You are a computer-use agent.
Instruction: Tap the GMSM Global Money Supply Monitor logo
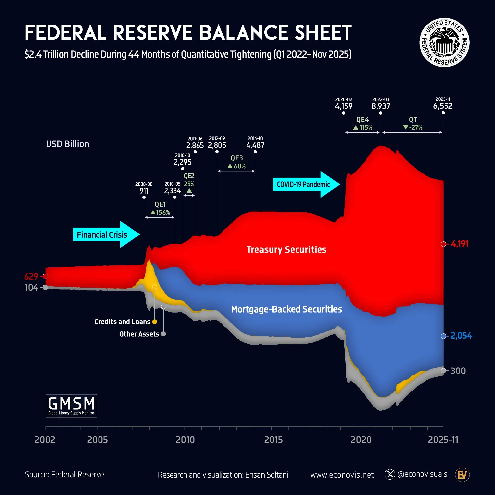[71, 406]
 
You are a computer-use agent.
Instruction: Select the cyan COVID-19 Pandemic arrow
[306, 184]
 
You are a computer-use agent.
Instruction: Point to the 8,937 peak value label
[381, 106]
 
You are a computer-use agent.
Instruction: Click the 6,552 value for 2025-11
[443, 106]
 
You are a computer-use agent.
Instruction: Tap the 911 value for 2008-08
[144, 191]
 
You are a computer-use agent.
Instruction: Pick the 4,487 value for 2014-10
[255, 145]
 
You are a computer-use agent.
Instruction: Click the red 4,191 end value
[460, 244]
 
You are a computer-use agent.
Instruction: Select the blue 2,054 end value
[461, 336]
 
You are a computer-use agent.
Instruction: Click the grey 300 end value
[458, 371]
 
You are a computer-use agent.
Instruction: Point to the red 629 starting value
[31, 276]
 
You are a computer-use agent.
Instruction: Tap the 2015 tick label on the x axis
[273, 440]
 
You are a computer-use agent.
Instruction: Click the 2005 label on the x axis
[97, 440]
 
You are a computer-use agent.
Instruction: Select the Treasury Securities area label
[286, 249]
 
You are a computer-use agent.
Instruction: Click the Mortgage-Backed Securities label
[286, 309]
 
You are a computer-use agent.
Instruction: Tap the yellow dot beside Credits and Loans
[154, 322]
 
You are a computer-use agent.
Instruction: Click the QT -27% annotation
[413, 124]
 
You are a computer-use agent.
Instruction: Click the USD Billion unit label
[67, 144]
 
